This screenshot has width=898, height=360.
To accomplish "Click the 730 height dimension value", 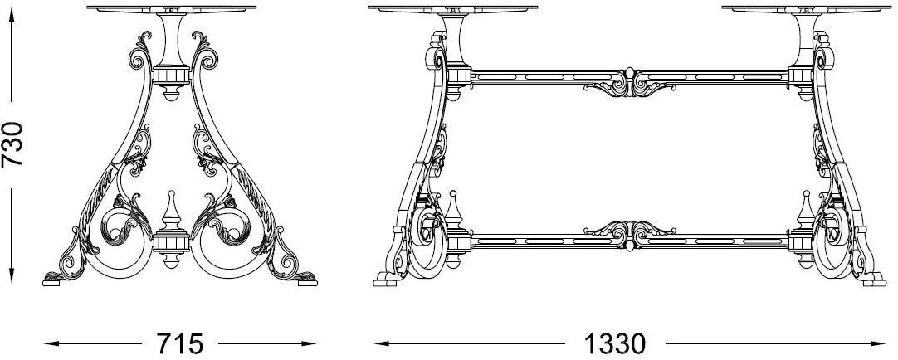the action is pyautogui.click(x=12, y=144).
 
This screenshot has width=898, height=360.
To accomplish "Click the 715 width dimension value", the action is pyautogui.click(x=180, y=344).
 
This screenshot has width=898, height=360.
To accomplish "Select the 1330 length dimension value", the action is pyautogui.click(x=615, y=344).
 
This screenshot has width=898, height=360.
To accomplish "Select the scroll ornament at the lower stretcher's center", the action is pyautogui.click(x=629, y=234).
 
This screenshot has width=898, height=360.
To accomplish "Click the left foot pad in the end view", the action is pyautogui.click(x=55, y=280).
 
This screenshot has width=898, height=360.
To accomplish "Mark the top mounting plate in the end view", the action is pyautogui.click(x=171, y=9).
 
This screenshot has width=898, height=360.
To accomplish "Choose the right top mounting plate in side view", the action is pyautogui.click(x=807, y=9).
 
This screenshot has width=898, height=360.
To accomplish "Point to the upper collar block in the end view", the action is pyautogui.click(x=171, y=76).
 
